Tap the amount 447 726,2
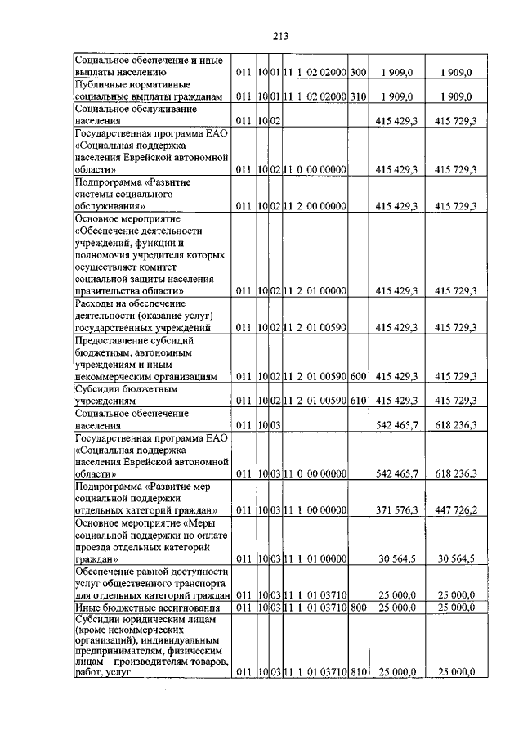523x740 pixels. [455, 509]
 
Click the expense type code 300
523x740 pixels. [358, 73]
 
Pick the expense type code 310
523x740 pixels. [358, 96]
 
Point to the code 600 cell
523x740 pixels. [358, 377]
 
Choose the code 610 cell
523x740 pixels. [358, 401]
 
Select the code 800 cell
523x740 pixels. [358, 608]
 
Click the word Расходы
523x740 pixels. [95, 303]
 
